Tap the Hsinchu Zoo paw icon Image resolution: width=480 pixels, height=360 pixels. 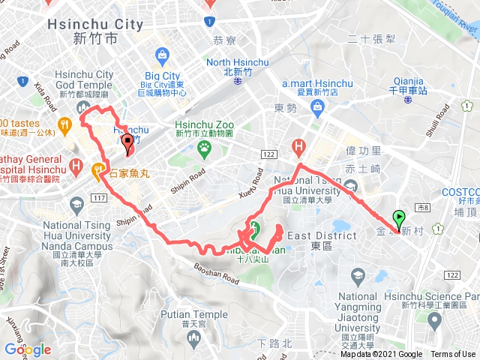pos(203,150)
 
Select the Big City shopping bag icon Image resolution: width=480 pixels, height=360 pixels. pos(162,55)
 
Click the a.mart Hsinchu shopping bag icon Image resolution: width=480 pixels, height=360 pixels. pos(318,110)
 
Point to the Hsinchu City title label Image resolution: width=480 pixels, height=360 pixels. pos(95,25)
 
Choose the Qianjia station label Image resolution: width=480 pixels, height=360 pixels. pos(408,81)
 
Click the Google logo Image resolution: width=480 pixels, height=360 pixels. pos(28,349)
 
